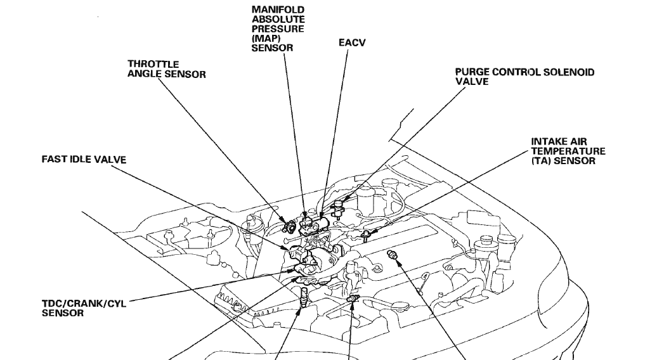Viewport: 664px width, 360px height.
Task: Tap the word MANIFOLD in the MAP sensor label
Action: (x=278, y=10)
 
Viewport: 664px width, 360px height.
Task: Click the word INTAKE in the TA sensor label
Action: (x=549, y=142)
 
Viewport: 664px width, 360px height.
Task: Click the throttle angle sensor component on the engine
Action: (x=289, y=225)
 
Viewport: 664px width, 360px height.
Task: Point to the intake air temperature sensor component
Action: (x=366, y=236)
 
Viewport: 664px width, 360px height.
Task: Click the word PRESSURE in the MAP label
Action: (x=278, y=29)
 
